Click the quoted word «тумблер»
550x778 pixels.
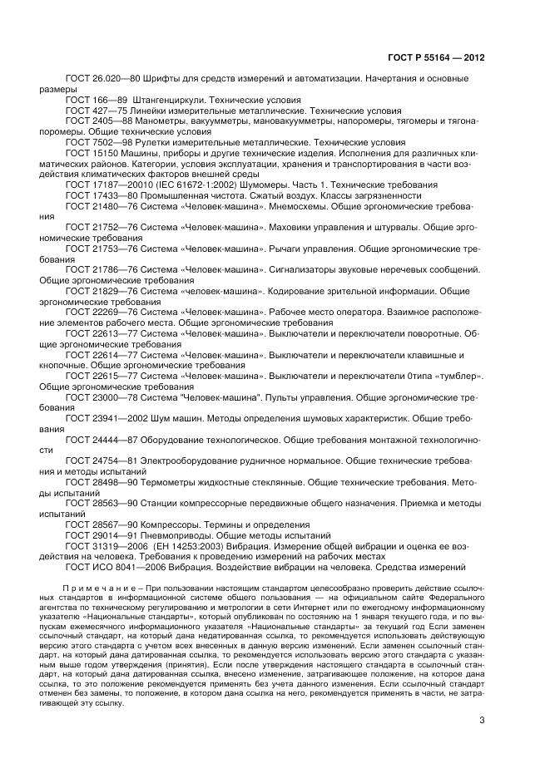coord(455,377)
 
